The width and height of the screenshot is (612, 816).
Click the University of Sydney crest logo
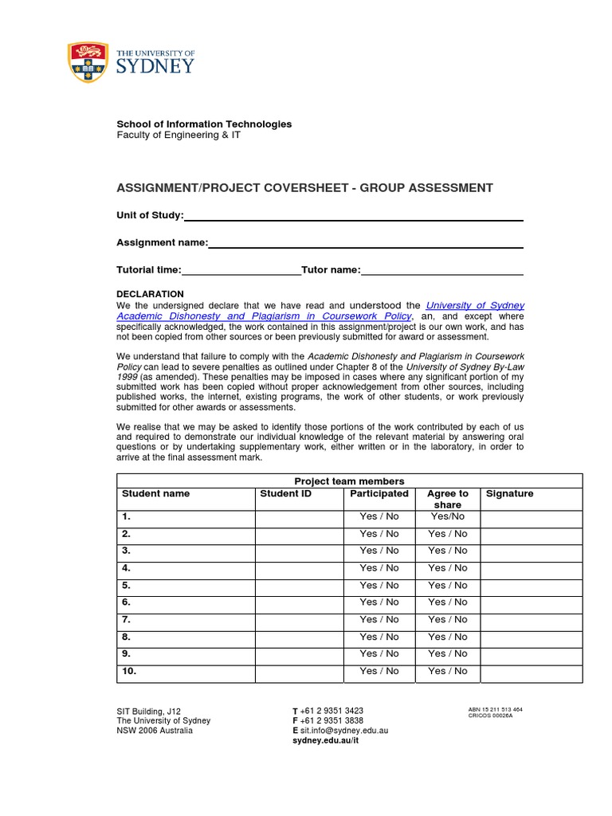point(88,61)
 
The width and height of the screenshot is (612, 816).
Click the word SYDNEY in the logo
point(155,66)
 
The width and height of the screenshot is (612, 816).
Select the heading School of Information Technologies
point(204,124)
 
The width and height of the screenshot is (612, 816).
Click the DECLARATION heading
point(150,294)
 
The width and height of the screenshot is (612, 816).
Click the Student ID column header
point(285,494)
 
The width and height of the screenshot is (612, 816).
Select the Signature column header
point(509,494)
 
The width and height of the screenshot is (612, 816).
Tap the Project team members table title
point(349,481)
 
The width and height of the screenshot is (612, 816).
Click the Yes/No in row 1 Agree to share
point(448,516)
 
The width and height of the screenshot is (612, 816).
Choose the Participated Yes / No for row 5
point(379,585)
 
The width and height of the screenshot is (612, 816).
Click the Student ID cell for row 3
point(299,551)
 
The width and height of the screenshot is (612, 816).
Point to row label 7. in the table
point(127,619)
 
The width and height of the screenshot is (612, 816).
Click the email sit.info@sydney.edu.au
point(344,730)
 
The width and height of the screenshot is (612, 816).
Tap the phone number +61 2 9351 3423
point(332,711)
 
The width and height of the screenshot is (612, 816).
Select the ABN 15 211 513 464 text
point(495,709)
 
